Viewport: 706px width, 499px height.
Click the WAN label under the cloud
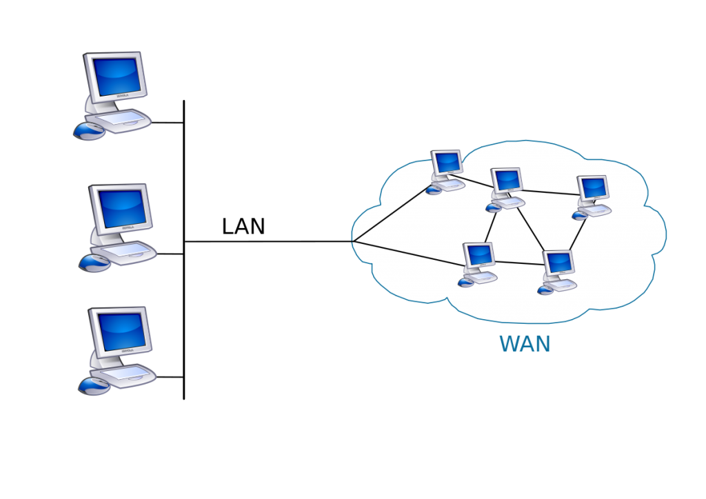[525, 343]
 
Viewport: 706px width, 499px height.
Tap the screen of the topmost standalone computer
[117, 74]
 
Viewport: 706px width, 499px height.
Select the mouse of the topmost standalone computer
[88, 132]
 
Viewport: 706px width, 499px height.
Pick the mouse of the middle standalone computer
[94, 263]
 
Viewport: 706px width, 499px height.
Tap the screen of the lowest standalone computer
[121, 330]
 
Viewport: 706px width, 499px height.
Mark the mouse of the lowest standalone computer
[93, 386]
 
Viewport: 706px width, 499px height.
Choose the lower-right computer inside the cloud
[558, 271]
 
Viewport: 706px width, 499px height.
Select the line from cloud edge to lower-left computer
[407, 252]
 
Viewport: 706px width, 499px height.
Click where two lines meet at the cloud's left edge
[352, 242]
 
